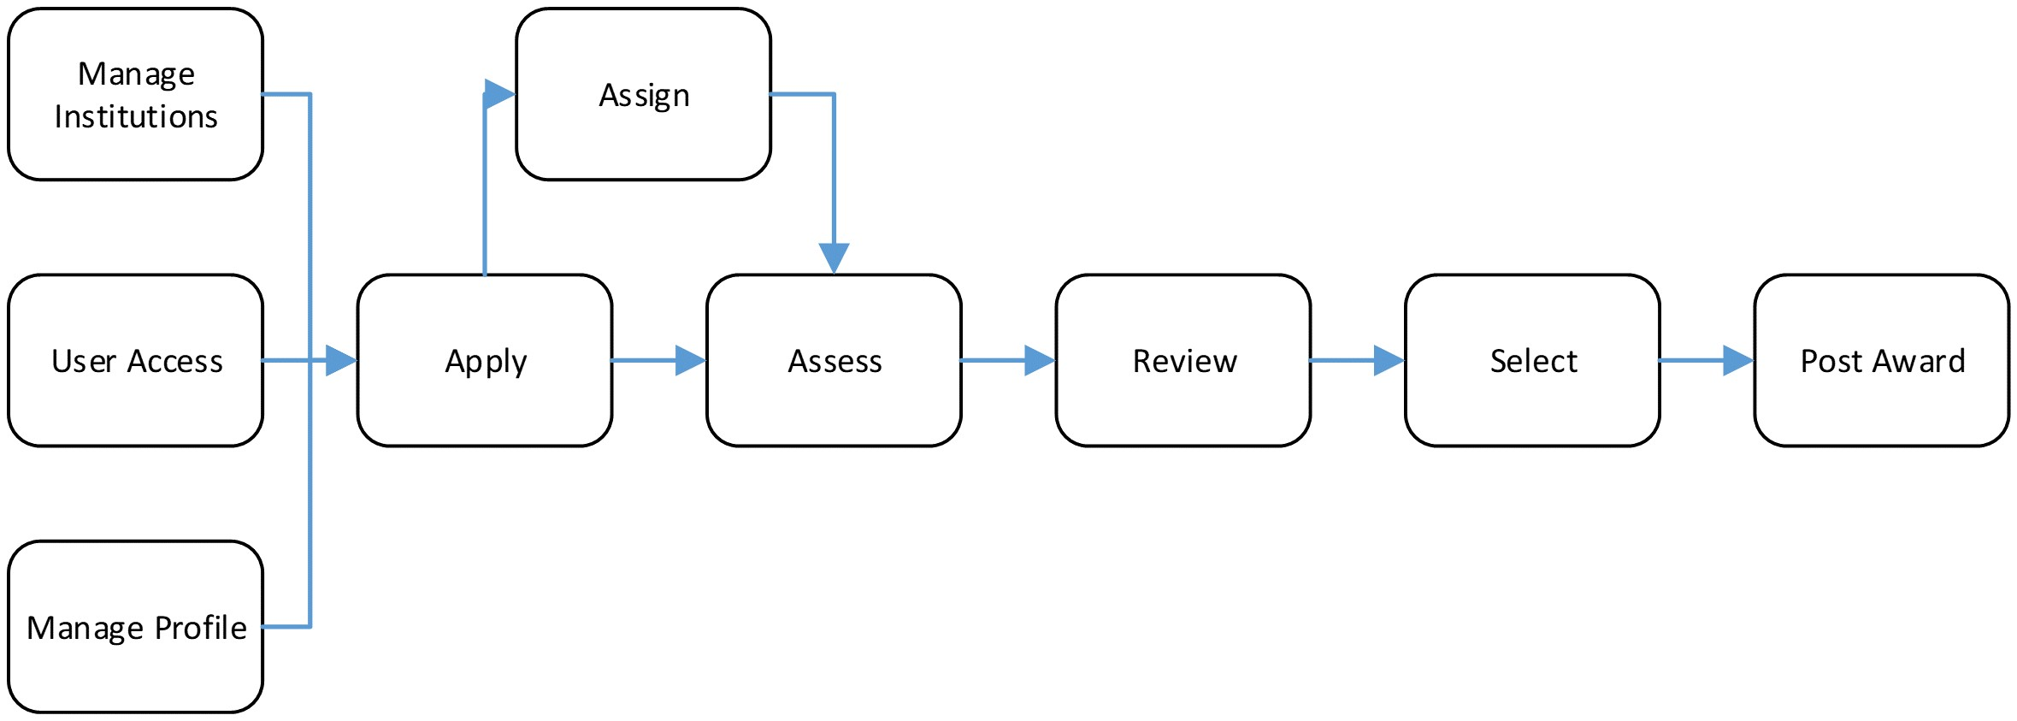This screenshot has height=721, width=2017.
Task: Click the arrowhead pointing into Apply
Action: pos(340,360)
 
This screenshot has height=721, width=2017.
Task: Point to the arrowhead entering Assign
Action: pos(498,94)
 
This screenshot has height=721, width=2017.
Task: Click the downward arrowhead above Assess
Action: pos(834,257)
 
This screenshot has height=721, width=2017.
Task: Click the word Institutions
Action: pos(136,116)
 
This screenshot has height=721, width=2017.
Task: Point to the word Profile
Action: pos(201,628)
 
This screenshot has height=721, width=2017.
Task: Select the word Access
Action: pos(174,361)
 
